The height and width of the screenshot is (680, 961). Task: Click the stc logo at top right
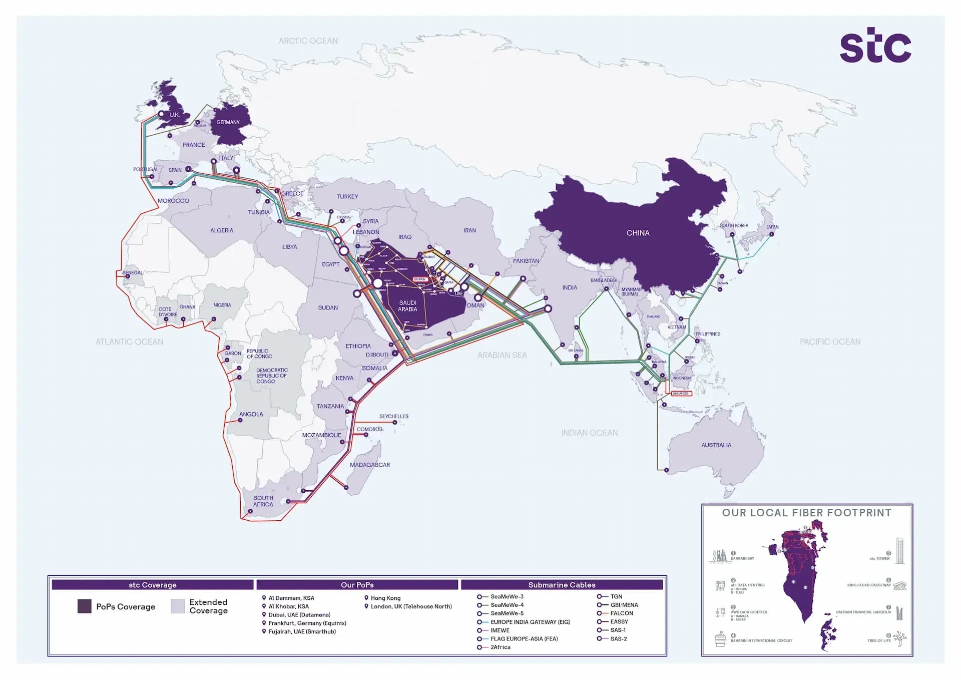[x=875, y=46]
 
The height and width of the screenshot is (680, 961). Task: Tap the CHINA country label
[x=638, y=233]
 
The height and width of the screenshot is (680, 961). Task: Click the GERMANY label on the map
[x=228, y=122]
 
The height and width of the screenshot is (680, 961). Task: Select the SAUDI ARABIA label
[x=407, y=306]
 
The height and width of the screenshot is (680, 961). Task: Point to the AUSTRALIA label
[x=716, y=445]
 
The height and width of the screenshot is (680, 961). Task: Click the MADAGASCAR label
[x=369, y=465]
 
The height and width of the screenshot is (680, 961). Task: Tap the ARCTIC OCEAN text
[x=308, y=41]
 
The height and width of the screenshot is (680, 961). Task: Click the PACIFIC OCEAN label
[x=830, y=342]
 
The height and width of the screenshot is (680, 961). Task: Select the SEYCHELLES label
[x=393, y=417]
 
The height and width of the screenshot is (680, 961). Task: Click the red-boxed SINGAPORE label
[x=680, y=394]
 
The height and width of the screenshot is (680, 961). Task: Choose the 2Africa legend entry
[x=500, y=647]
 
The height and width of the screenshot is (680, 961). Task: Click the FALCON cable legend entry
[x=621, y=613]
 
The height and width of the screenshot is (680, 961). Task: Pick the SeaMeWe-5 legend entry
[x=507, y=613]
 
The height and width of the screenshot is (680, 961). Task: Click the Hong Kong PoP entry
[x=385, y=598]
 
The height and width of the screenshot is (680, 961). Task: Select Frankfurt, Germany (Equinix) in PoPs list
[x=307, y=623]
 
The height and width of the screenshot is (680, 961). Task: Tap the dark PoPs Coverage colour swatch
[x=84, y=606]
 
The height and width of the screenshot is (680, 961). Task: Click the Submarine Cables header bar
[x=562, y=585]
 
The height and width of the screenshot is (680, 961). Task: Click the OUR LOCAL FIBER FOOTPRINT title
[x=806, y=513]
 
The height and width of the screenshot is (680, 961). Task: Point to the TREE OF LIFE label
[x=878, y=641]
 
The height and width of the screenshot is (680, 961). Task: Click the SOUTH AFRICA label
[x=263, y=501]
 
